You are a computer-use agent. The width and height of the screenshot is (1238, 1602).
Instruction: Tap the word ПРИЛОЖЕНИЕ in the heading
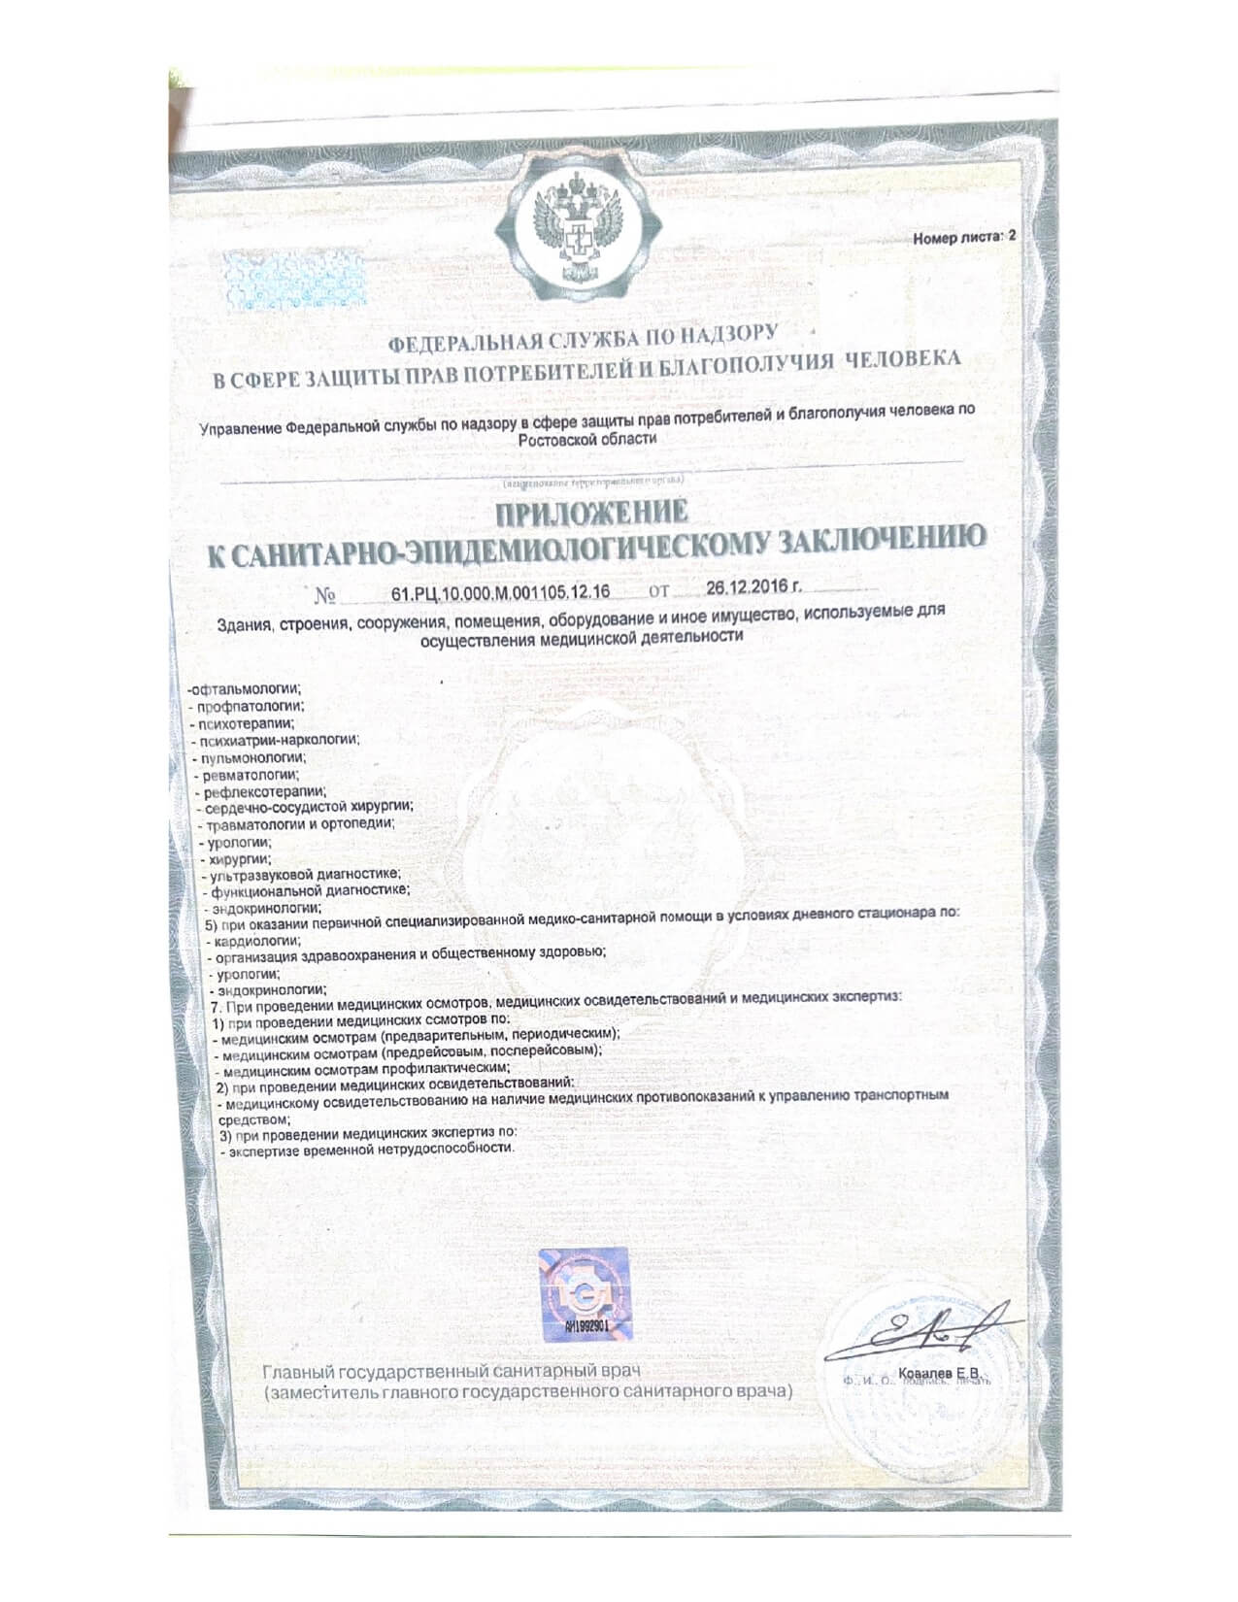[x=592, y=512]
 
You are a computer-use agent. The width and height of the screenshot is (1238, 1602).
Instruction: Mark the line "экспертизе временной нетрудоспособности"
[x=370, y=1149]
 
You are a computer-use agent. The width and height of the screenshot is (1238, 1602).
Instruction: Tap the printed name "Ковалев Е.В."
[x=936, y=1372]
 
